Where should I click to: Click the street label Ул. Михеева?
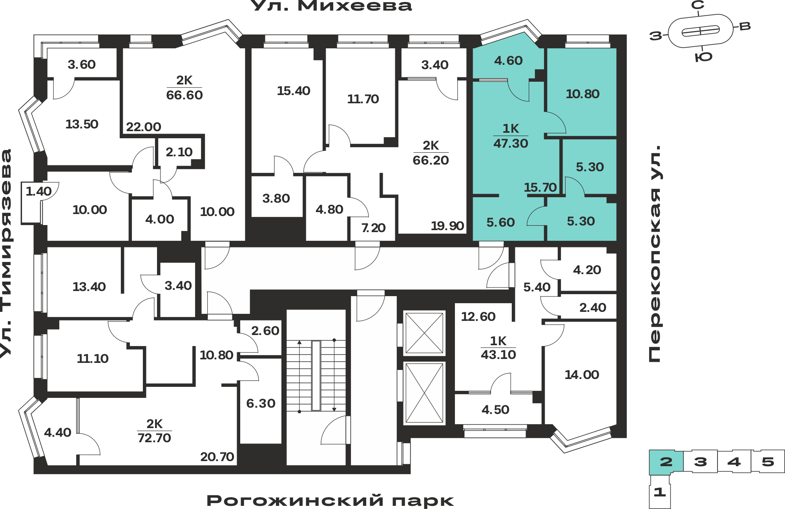pyautogui.click(x=331, y=5)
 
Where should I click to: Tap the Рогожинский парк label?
pyautogui.click(x=330, y=501)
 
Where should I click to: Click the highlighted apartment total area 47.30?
pyautogui.click(x=511, y=143)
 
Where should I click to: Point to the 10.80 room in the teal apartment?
pyautogui.click(x=582, y=94)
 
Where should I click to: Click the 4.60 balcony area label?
pyautogui.click(x=508, y=60)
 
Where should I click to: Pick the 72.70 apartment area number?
pyautogui.click(x=154, y=438)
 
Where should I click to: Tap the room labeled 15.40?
pyautogui.click(x=294, y=91)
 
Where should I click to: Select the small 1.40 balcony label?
pyautogui.click(x=38, y=191)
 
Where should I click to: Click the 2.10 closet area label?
pyautogui.click(x=179, y=152)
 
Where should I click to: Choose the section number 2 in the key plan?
pyautogui.click(x=666, y=462)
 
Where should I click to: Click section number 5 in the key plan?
pyautogui.click(x=768, y=462)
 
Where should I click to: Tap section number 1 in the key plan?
pyautogui.click(x=659, y=492)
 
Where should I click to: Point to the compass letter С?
pyautogui.click(x=697, y=5)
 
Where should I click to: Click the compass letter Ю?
pyautogui.click(x=703, y=57)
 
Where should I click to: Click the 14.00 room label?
pyautogui.click(x=582, y=375)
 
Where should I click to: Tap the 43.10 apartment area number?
pyautogui.click(x=498, y=355)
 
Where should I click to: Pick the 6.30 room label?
pyautogui.click(x=261, y=403)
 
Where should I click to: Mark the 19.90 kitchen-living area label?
pyautogui.click(x=447, y=226)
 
